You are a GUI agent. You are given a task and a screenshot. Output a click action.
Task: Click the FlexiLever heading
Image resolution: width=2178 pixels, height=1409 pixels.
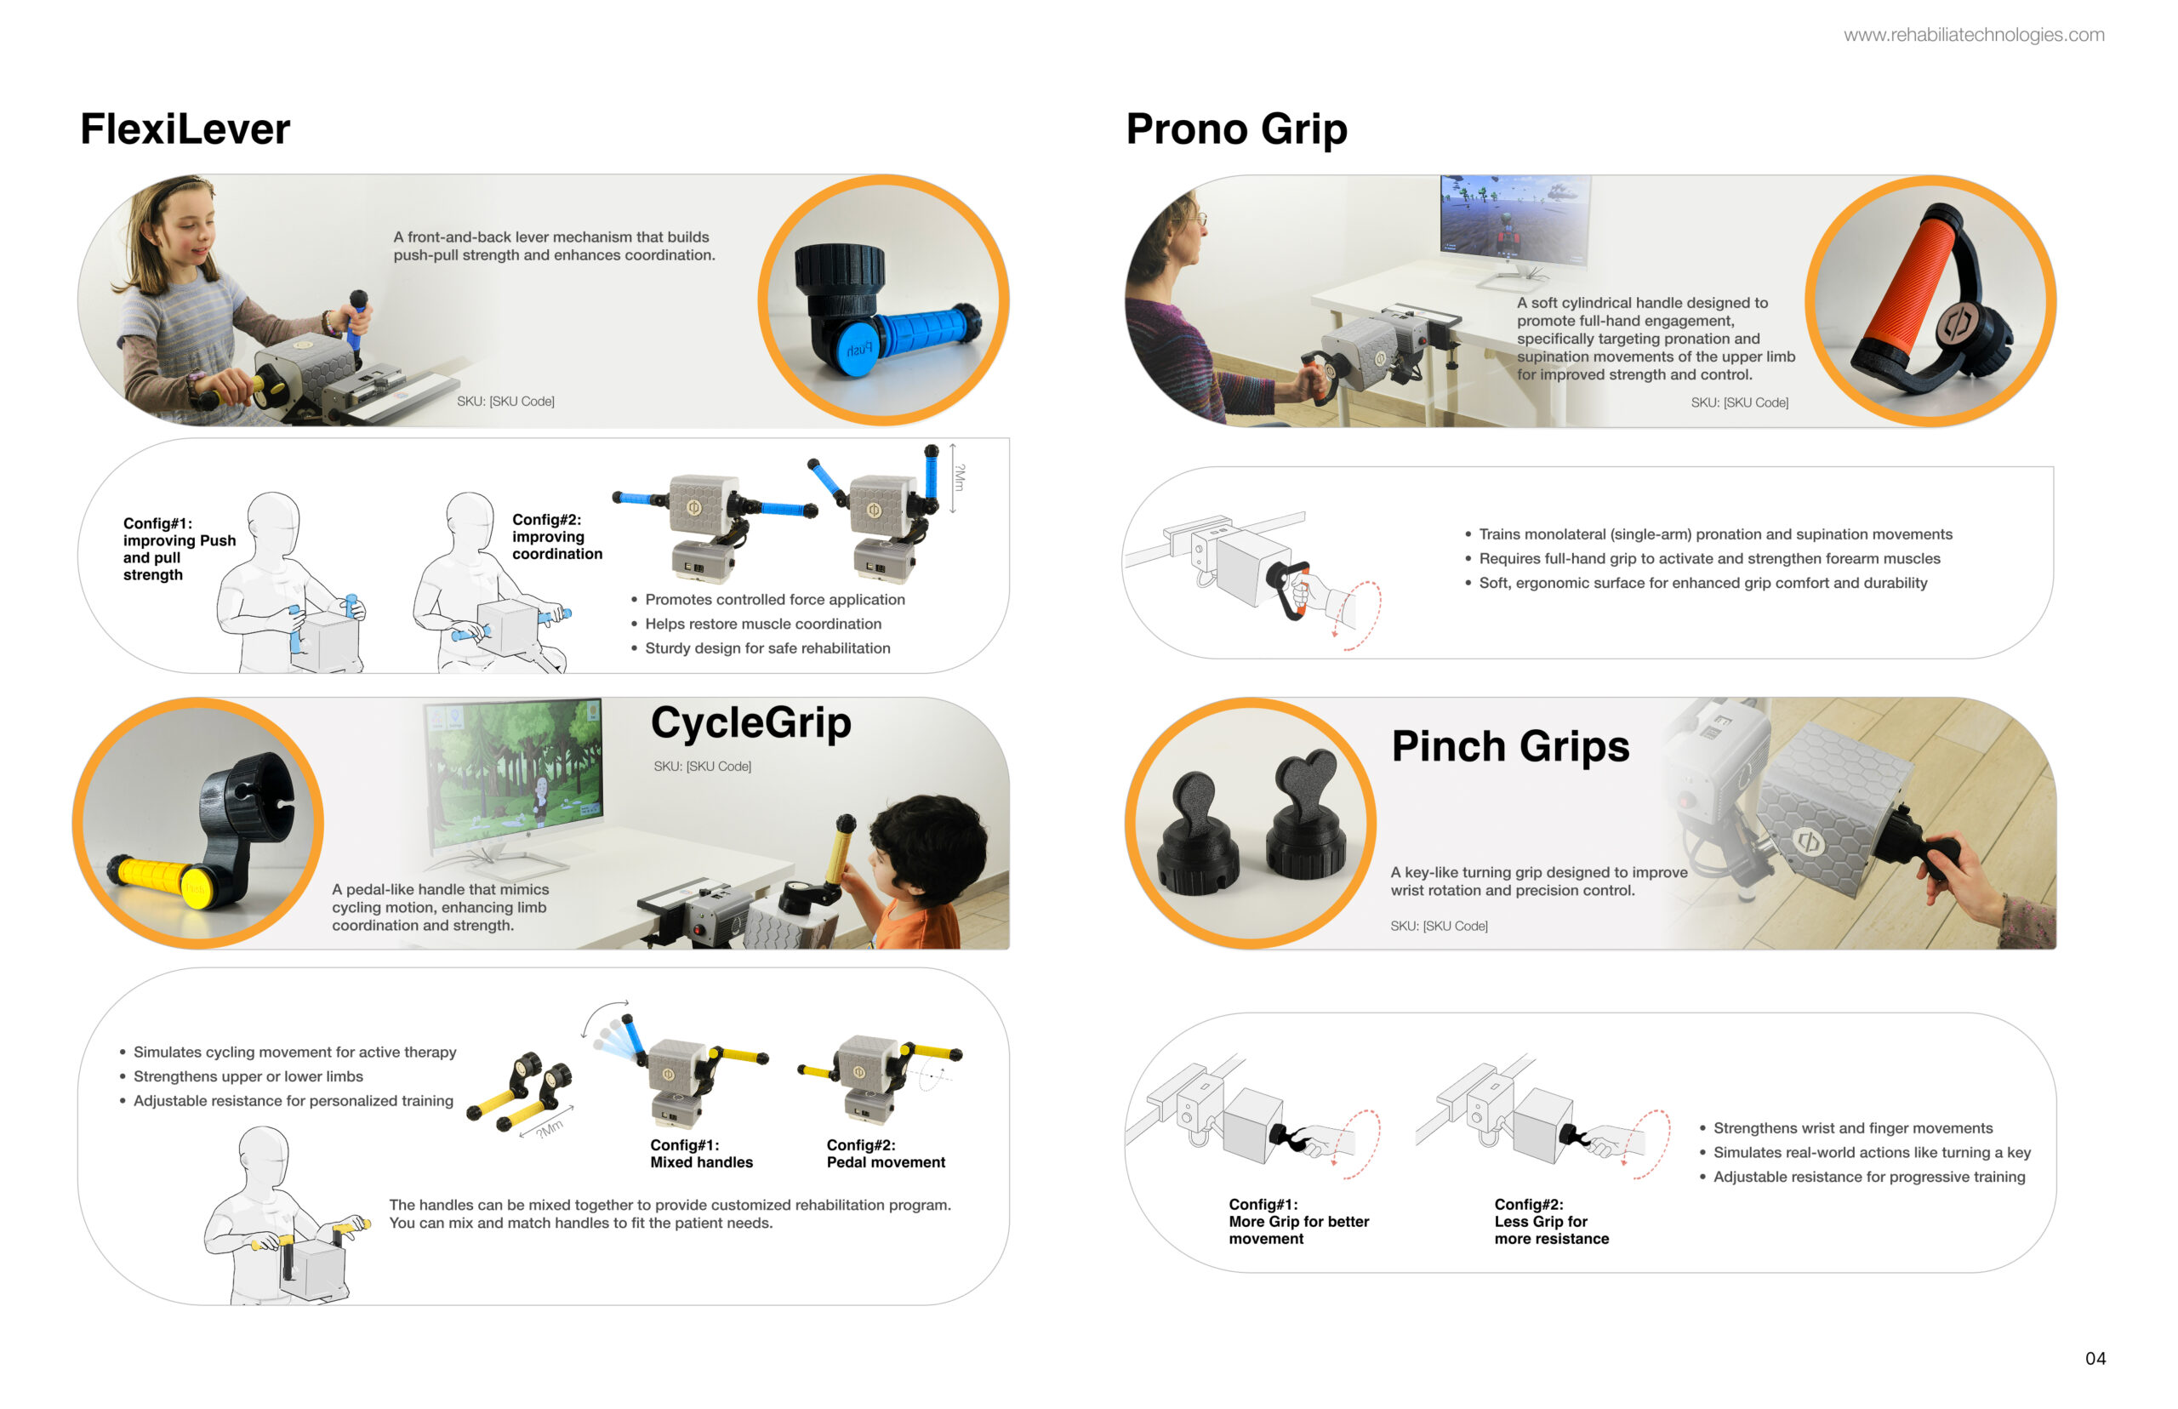point(185,128)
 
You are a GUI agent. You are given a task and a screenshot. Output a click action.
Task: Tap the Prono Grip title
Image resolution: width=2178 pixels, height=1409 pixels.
point(1236,129)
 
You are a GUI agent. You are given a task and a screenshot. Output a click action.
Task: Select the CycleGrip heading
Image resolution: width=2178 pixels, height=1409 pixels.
point(750,723)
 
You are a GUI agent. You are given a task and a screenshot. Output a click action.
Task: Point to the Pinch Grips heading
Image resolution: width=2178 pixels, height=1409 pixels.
point(1509,745)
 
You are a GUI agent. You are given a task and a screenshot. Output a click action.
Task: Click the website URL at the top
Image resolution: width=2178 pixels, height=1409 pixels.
point(1973,35)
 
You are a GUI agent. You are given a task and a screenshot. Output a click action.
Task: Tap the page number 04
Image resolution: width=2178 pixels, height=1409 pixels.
point(2095,1358)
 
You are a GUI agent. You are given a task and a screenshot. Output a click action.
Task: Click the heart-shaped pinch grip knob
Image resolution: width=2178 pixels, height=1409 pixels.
point(1306,819)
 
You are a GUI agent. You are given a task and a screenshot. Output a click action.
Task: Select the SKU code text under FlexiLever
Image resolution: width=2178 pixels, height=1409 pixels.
point(506,402)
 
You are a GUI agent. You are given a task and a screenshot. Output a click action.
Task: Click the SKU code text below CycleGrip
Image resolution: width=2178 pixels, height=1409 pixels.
point(703,767)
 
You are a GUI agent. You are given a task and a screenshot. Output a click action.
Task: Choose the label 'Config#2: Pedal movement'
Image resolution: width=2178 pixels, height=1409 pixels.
point(886,1154)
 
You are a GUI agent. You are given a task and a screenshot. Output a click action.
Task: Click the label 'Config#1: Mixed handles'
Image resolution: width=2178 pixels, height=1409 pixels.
point(701,1154)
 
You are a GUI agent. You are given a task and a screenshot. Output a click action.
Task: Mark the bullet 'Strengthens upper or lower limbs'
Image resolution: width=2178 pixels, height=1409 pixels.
point(242,1077)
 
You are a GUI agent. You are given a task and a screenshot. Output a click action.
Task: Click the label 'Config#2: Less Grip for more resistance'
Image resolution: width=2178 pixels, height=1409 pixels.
point(1552,1222)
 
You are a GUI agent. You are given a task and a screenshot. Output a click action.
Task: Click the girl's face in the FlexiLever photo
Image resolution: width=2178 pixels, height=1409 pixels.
point(191,231)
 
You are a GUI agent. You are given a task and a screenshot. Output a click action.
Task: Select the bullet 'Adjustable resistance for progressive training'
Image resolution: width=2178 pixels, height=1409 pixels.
point(1862,1178)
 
